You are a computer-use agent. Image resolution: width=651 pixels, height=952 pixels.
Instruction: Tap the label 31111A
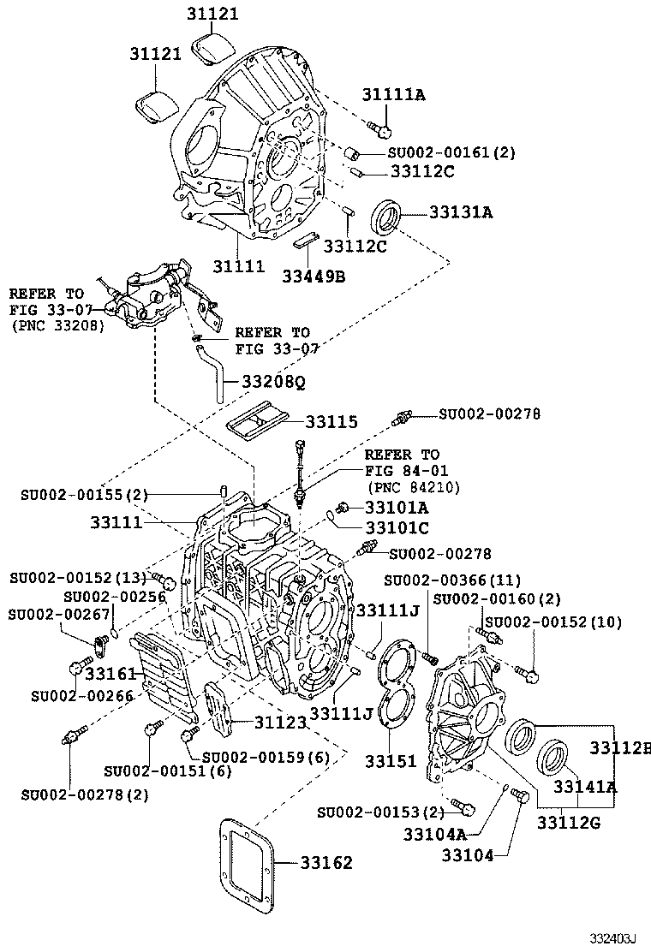coord(392,95)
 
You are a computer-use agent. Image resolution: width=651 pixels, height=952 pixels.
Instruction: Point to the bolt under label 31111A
coord(379,129)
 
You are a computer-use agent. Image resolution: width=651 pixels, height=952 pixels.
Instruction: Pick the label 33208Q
coord(273,382)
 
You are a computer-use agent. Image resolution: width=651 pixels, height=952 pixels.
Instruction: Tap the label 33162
coord(326,863)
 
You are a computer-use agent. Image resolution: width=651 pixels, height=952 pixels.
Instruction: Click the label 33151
coord(391,761)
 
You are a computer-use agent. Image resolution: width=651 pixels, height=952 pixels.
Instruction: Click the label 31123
coord(280,723)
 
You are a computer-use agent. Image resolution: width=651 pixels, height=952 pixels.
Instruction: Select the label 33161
coord(111,674)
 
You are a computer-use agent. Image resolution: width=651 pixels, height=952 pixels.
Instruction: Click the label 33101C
coord(397,528)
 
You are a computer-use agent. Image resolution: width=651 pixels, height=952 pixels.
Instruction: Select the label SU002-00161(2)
coord(451,153)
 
